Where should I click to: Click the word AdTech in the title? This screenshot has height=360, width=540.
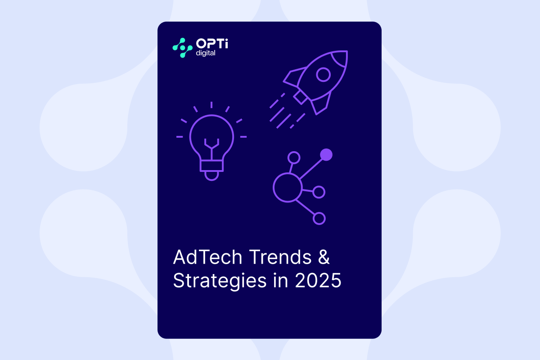(207, 257)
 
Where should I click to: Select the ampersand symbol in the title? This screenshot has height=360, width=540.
(324, 257)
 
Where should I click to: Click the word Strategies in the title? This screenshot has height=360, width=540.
(220, 281)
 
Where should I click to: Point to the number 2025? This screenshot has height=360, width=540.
(318, 280)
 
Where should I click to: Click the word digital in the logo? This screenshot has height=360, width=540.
(206, 53)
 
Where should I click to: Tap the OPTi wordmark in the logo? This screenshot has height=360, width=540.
(212, 44)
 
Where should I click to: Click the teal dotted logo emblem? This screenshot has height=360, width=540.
(183, 48)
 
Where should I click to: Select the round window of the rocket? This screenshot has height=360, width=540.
(323, 75)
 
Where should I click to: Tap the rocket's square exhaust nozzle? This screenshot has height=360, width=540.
(301, 97)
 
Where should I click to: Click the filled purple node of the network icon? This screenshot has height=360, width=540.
(326, 154)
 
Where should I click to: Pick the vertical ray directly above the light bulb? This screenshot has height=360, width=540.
(211, 105)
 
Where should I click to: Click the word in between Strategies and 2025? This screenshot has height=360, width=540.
(281, 280)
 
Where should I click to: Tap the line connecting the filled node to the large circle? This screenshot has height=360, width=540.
(311, 169)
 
